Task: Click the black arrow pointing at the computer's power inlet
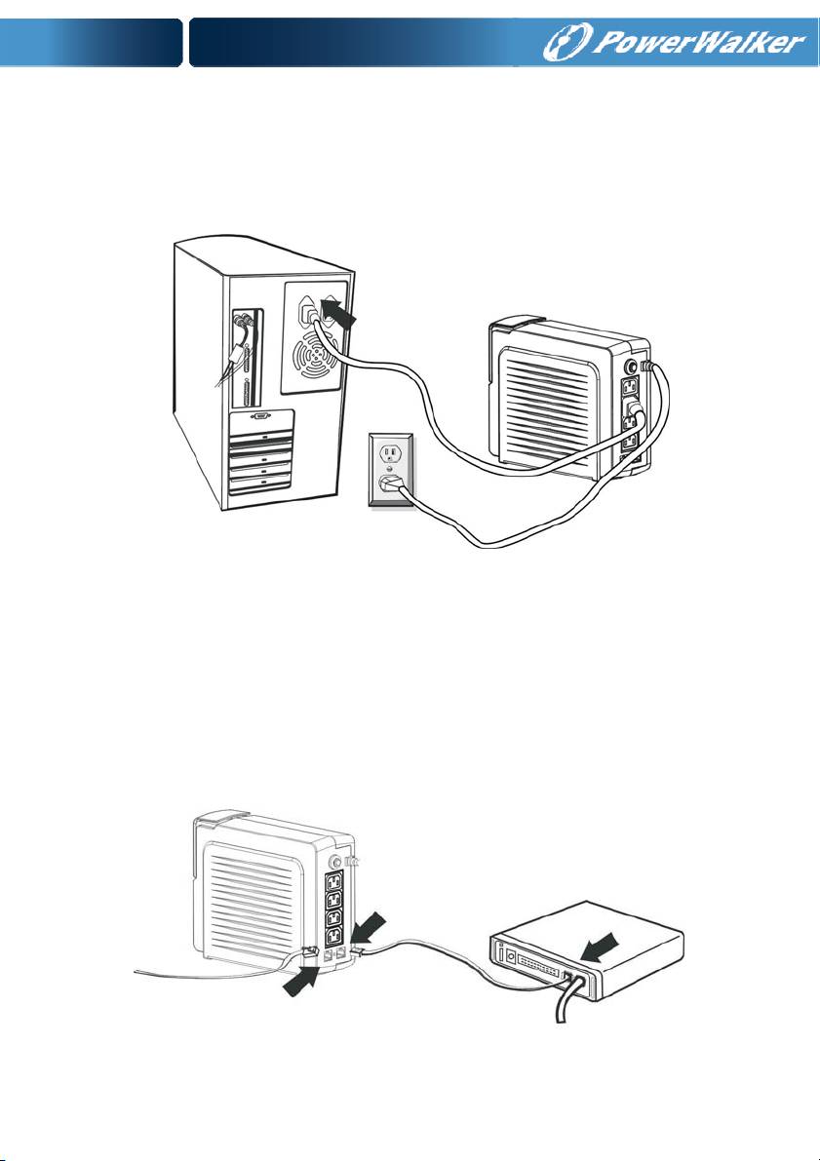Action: coord(338,312)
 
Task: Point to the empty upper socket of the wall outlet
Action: coord(389,456)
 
